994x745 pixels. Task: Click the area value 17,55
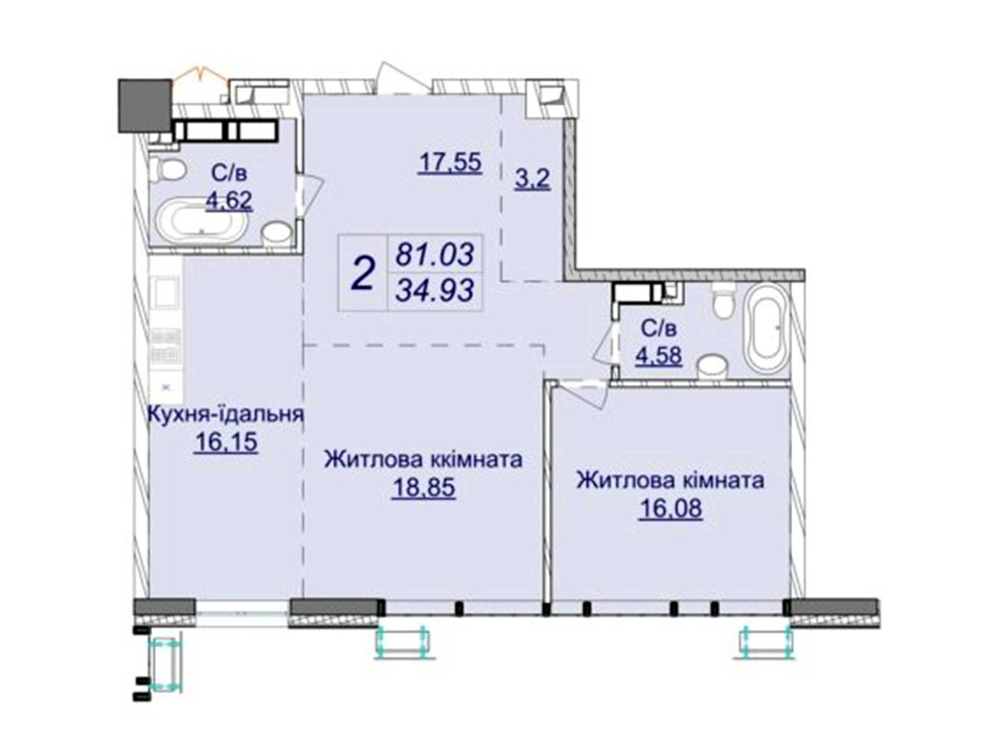(x=450, y=162)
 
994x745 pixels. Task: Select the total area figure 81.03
(x=435, y=255)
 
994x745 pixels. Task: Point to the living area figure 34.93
(x=435, y=290)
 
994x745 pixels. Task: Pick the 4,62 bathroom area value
(x=229, y=200)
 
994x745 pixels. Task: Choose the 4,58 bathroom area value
(x=659, y=355)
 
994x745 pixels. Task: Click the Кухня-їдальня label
(x=226, y=414)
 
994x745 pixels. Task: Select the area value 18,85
(x=423, y=487)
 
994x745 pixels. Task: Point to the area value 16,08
(x=670, y=508)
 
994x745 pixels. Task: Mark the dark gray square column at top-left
(x=145, y=106)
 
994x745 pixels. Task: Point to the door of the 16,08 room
(x=586, y=393)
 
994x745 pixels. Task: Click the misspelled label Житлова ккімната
(x=423, y=459)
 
